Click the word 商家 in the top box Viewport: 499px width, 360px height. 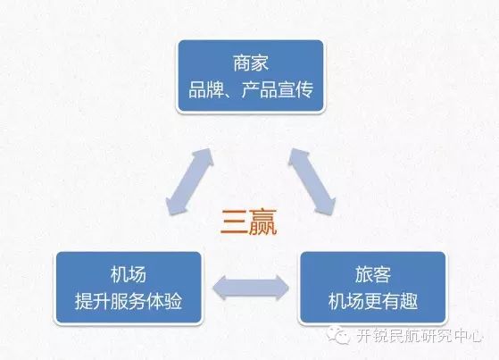(x=251, y=63)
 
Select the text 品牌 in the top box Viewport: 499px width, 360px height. (x=206, y=90)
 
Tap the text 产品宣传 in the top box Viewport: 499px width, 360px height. (x=278, y=90)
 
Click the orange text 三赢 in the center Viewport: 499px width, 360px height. (x=249, y=222)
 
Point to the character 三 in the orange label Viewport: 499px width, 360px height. (x=234, y=222)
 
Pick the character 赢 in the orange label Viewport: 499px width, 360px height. (x=262, y=222)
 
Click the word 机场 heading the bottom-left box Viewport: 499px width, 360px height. (x=129, y=274)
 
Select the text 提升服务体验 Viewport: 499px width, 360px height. (x=129, y=301)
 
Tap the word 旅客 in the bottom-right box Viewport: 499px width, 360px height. (x=372, y=274)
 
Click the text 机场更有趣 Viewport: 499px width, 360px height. (x=372, y=301)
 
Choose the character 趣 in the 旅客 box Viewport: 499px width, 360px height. (x=409, y=301)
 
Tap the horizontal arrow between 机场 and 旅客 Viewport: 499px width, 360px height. (x=251, y=288)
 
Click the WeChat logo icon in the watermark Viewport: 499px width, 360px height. (x=338, y=334)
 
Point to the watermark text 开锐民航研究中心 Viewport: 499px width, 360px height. (x=418, y=335)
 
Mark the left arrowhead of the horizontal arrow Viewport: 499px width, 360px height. (x=220, y=288)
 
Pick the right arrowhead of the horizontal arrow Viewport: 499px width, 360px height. (x=283, y=288)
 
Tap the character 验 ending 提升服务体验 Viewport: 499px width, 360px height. (x=173, y=301)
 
